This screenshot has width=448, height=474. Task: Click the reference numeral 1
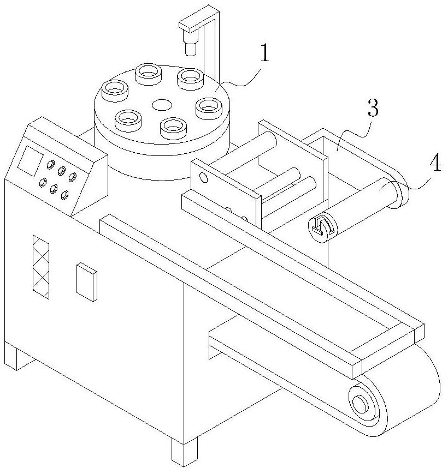point(264,55)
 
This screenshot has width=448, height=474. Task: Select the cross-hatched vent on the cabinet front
point(41,267)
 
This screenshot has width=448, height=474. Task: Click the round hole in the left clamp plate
point(203,177)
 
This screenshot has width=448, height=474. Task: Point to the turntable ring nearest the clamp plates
point(174,127)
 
